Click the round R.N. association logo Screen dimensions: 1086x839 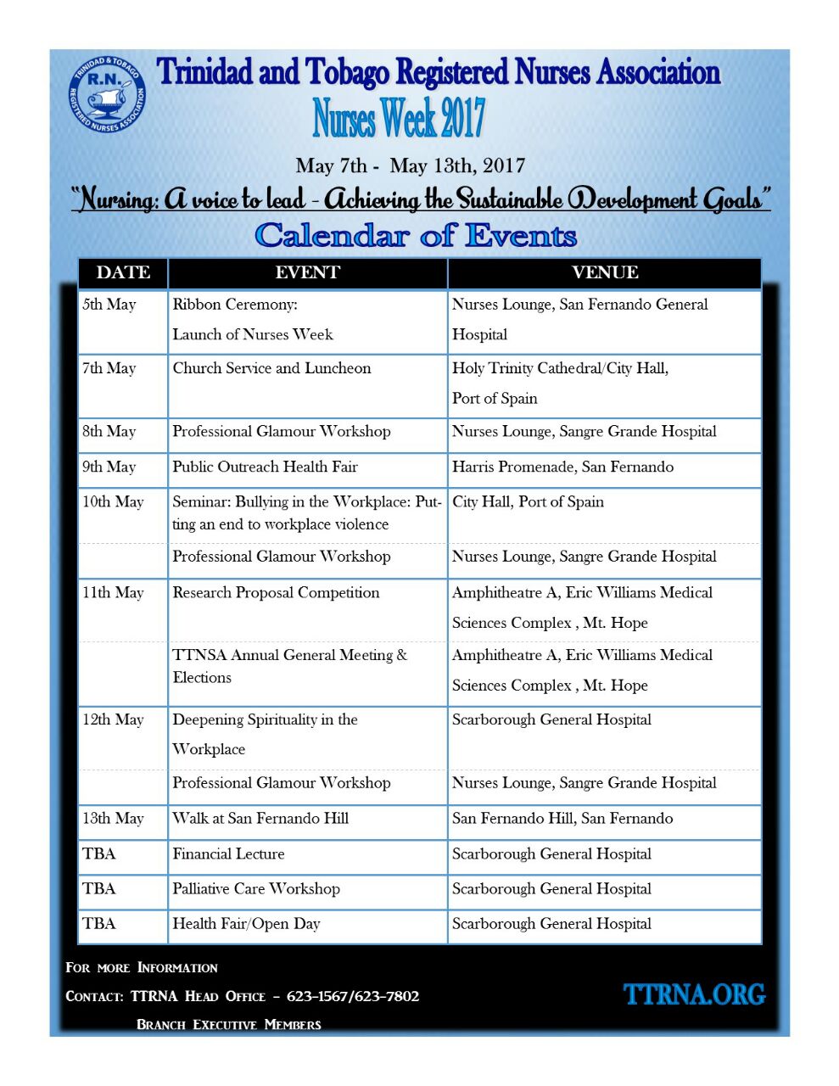click(x=107, y=94)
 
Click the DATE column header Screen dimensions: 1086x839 click(x=123, y=272)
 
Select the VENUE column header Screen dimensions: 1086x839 click(x=604, y=272)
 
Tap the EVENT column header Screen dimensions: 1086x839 click(x=307, y=272)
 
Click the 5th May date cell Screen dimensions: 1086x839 click(x=109, y=305)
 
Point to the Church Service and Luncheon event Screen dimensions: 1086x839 click(x=271, y=368)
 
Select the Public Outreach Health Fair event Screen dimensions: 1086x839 click(x=265, y=467)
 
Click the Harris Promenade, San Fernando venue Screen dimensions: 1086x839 click(x=562, y=467)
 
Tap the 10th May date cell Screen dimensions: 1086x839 click(x=113, y=501)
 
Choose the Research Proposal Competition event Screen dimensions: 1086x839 click(x=276, y=592)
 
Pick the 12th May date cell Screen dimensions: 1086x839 click(x=113, y=719)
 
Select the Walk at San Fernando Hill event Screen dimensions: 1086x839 click(x=260, y=818)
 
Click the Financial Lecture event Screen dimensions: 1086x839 click(x=228, y=854)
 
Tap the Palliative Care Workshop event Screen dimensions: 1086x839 click(x=256, y=888)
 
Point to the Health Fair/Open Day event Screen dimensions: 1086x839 click(x=246, y=923)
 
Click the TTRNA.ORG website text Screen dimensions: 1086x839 click(x=694, y=994)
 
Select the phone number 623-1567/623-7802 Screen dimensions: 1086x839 click(x=352, y=996)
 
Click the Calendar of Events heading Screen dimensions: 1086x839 click(x=416, y=235)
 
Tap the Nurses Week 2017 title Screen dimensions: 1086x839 click(x=399, y=118)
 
